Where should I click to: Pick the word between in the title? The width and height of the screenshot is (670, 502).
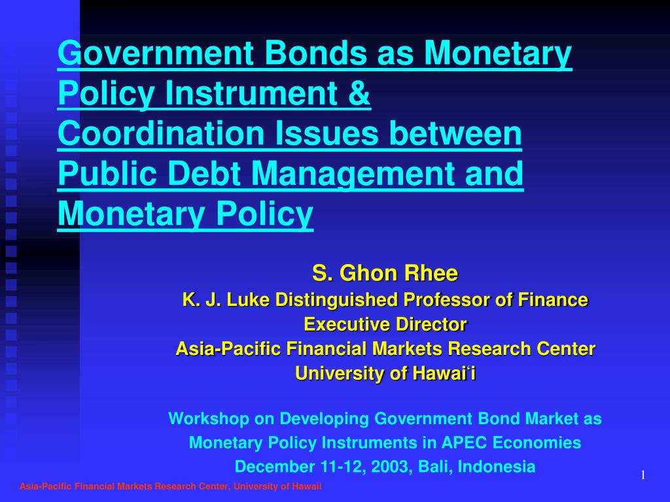[x=455, y=133]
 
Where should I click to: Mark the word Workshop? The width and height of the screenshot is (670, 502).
[x=209, y=419]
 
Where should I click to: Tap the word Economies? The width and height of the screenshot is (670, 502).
[x=537, y=443]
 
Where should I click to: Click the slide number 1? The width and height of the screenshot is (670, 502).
[x=643, y=475]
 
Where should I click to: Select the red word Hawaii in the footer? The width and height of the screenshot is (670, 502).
[x=307, y=486]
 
